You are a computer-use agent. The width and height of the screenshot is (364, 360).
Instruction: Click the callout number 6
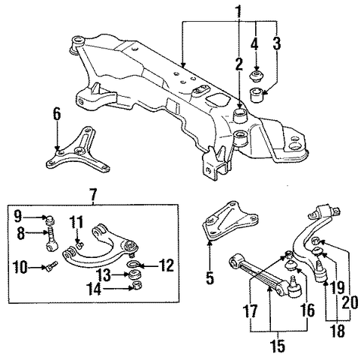[x=56, y=115]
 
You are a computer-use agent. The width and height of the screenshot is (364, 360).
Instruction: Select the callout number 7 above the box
[x=92, y=194]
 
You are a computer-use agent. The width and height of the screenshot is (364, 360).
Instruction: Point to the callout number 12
[x=167, y=265]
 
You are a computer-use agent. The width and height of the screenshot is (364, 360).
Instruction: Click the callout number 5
[x=210, y=277]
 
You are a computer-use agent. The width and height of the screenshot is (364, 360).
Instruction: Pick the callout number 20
[x=350, y=302]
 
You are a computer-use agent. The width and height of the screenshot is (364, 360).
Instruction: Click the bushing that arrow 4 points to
[x=256, y=76]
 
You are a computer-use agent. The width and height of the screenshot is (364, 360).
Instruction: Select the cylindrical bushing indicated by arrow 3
[x=256, y=94]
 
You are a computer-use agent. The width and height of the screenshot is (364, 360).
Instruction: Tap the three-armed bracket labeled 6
[x=77, y=152]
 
